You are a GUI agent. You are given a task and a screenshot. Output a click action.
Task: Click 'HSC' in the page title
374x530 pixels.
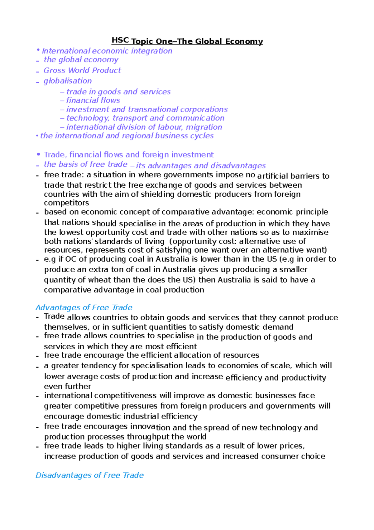[120, 40]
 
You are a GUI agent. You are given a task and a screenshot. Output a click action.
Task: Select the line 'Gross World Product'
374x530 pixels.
[82, 71]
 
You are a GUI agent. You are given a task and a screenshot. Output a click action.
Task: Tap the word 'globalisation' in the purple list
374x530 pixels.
[68, 81]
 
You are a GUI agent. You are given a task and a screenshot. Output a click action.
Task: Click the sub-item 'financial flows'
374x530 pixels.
[93, 100]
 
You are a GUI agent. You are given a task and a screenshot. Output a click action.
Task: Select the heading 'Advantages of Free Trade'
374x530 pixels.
[84, 307]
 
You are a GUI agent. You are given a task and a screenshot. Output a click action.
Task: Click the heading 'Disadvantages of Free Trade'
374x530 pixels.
[89, 475]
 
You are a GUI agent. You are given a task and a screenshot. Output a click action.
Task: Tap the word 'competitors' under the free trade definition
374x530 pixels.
[66, 203]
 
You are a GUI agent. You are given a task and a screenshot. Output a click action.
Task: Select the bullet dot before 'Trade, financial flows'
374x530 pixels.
[38, 154]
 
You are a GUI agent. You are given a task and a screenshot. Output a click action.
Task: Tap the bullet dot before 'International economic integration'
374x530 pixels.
[38, 50]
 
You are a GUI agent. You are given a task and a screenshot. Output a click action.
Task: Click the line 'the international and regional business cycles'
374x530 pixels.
[127, 136]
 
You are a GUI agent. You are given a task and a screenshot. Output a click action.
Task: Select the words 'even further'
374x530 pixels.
[67, 386]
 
